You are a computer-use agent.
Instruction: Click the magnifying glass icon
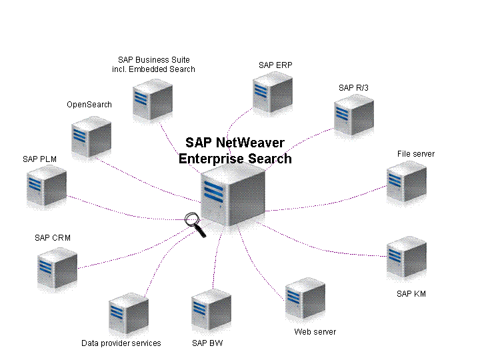click(x=193, y=221)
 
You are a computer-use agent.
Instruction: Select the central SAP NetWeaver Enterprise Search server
click(x=233, y=195)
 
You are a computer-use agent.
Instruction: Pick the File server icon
click(x=406, y=181)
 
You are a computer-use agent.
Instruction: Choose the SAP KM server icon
click(x=406, y=257)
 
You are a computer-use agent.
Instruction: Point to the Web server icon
click(x=305, y=300)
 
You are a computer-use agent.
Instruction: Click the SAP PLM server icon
click(x=47, y=186)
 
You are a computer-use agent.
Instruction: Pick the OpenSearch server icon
click(x=91, y=136)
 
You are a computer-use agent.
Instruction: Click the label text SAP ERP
click(x=275, y=65)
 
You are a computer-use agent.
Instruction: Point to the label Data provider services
click(x=121, y=343)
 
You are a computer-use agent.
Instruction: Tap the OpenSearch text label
click(x=89, y=105)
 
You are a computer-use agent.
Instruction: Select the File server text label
click(x=415, y=154)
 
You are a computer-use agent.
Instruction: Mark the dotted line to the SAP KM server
click(x=327, y=245)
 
